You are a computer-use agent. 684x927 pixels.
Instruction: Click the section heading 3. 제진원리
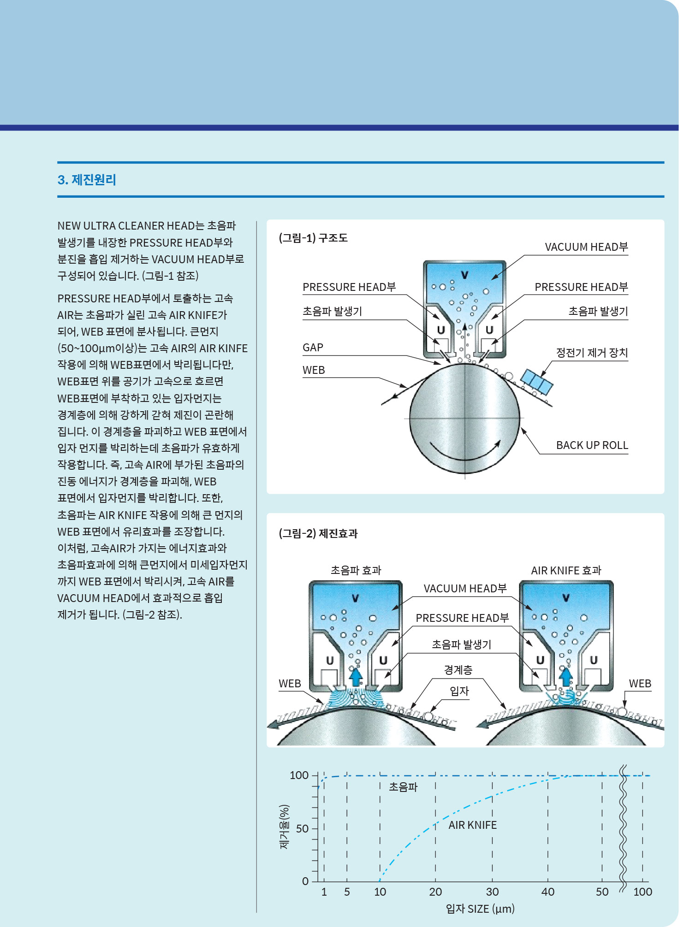coord(87,180)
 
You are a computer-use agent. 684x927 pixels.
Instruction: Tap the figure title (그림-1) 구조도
coord(313,238)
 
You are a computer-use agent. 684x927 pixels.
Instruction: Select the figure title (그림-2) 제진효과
coord(318,533)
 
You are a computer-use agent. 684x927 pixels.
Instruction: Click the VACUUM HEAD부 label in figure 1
coord(586,247)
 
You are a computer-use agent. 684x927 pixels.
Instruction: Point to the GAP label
coord(313,348)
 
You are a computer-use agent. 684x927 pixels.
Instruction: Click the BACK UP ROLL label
coord(592,445)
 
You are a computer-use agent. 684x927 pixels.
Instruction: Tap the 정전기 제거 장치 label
coord(592,353)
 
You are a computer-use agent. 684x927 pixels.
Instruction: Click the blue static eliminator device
coord(536,381)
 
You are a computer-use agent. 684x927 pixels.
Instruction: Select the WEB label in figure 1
coord(314,370)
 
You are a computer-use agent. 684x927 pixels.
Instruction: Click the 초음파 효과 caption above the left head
coord(356,571)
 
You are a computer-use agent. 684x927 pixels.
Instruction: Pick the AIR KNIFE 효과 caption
coord(566,571)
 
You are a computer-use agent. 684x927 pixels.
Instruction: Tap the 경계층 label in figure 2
coord(458,670)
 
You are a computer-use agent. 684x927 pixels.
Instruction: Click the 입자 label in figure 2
coord(459,691)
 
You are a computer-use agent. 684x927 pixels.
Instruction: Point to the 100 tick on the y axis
coord(299,775)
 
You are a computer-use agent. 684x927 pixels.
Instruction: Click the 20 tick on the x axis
coord(435,892)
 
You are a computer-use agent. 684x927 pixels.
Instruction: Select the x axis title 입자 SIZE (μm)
coord(480,909)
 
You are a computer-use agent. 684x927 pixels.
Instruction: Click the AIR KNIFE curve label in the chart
coord(472,825)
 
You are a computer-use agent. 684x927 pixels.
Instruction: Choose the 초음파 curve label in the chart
coord(403,787)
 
